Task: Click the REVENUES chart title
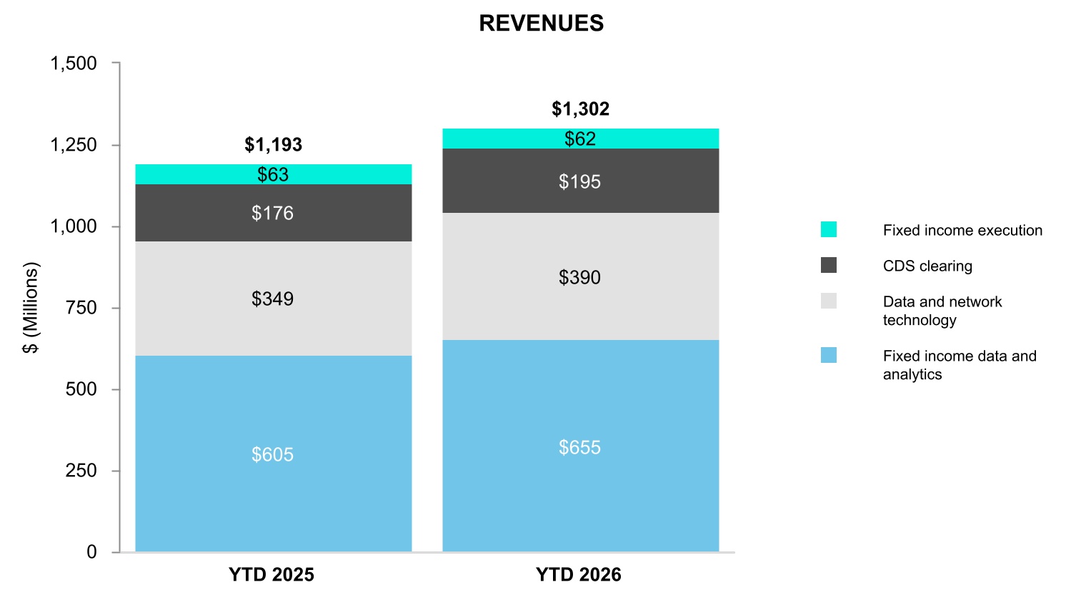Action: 541,24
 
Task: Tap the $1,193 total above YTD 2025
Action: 273,144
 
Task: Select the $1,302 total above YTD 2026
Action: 580,109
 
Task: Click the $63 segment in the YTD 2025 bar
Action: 274,174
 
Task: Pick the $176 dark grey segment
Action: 274,213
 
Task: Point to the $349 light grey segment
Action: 274,299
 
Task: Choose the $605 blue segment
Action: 274,454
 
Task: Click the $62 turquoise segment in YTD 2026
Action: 580,139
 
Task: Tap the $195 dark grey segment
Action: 580,181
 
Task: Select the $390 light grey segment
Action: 580,276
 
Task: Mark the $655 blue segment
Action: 580,446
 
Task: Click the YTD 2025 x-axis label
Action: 271,575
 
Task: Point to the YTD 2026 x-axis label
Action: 579,575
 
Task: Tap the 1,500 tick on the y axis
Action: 74,64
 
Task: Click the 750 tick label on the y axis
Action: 81,308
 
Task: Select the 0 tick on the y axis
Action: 91,552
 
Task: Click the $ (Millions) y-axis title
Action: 31,308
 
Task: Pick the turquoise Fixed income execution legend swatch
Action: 829,229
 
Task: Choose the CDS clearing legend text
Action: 927,266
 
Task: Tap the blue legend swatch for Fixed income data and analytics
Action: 829,355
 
